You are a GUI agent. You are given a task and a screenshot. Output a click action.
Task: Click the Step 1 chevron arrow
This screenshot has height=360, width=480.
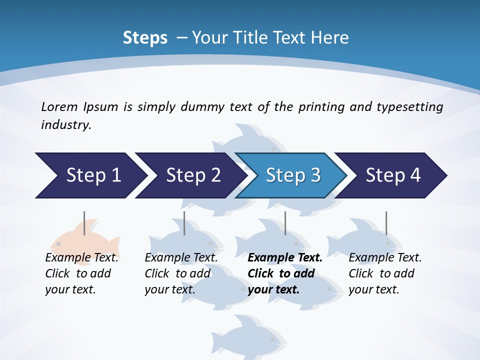[90, 175]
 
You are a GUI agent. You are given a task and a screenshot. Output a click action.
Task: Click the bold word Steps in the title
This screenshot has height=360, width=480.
[145, 38]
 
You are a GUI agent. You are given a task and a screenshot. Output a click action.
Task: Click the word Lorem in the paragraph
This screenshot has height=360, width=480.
[58, 107]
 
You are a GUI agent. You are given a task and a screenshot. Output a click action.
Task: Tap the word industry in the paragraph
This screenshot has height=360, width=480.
[65, 125]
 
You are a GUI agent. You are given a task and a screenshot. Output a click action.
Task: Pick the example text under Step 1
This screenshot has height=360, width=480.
[81, 273]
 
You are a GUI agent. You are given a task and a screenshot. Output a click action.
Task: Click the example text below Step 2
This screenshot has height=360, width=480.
[181, 273]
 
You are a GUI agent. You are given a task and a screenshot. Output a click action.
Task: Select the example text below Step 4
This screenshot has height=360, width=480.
[385, 273]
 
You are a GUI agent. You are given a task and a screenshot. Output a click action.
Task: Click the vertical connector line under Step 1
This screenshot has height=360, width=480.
[84, 223]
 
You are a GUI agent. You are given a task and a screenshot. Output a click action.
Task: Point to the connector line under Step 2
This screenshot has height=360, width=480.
[184, 223]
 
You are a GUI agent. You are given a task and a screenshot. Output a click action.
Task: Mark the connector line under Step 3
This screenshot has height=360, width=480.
[285, 223]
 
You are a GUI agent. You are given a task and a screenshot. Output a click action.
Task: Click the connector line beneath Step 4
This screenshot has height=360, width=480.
[386, 223]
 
